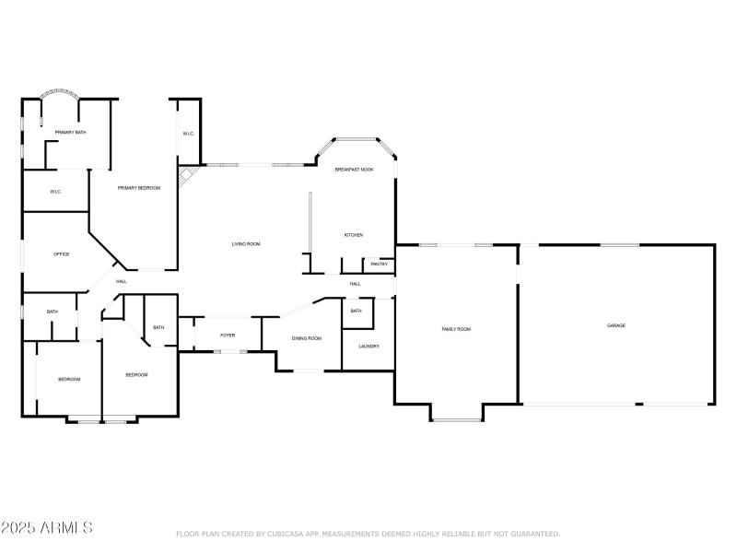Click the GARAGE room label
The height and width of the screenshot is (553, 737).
[615, 325]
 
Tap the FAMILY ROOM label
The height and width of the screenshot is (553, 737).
[456, 329]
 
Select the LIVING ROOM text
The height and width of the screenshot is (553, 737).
[246, 243]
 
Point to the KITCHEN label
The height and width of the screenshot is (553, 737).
[354, 235]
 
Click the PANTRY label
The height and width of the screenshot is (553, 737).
[379, 265]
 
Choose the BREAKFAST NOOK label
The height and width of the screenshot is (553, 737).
[354, 170]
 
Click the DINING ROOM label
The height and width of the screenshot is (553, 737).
[307, 338]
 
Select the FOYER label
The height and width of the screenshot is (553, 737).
[228, 335]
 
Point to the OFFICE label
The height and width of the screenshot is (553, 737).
[62, 254]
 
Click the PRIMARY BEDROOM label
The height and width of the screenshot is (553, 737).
[139, 188]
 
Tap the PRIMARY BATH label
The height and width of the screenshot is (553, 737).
[70, 133]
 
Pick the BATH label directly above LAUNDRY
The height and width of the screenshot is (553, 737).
[356, 311]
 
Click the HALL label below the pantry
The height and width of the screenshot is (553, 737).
[355, 284]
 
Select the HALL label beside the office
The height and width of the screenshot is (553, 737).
[121, 281]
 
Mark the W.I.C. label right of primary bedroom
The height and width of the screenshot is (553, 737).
[188, 134]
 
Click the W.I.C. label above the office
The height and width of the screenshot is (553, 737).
[54, 192]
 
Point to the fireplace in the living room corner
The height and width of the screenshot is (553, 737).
[187, 175]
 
